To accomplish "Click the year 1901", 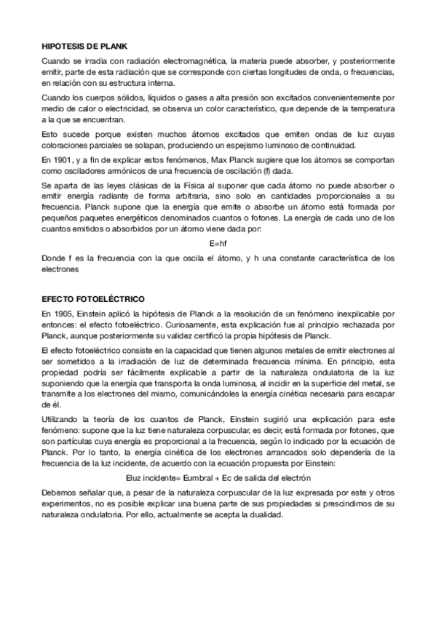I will (62, 159).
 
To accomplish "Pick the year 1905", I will (63, 313).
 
